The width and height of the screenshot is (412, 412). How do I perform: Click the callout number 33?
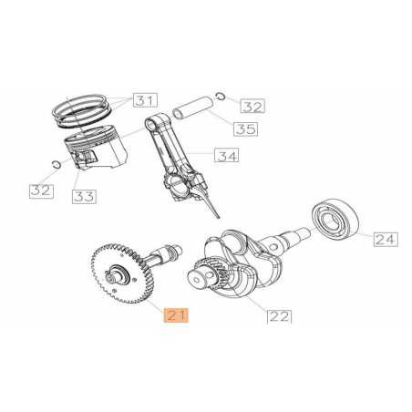[83, 195]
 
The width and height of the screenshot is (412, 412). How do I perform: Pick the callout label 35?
[243, 129]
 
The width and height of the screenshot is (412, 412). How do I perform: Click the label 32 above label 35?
[252, 107]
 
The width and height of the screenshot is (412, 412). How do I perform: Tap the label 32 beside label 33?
[40, 190]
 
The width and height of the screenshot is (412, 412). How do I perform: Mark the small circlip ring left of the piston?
[57, 165]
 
